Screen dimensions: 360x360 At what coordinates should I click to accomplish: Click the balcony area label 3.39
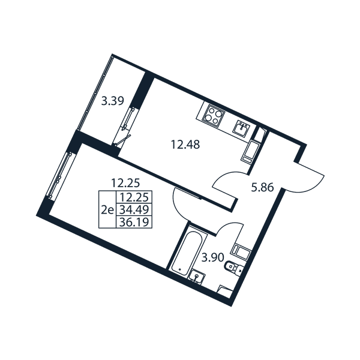(113, 101)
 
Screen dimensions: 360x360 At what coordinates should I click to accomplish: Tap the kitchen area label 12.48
(185, 145)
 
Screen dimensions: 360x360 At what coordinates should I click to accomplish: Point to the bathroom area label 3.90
(212, 258)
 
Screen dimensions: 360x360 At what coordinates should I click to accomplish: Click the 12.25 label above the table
(125, 183)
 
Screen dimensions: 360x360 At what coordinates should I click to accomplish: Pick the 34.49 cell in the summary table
(134, 209)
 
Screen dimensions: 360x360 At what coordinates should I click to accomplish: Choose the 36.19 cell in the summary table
(134, 222)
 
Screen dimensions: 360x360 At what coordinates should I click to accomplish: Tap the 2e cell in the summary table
(107, 209)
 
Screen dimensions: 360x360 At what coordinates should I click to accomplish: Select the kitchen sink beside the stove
(241, 127)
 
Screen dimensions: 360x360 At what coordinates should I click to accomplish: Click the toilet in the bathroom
(233, 268)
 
